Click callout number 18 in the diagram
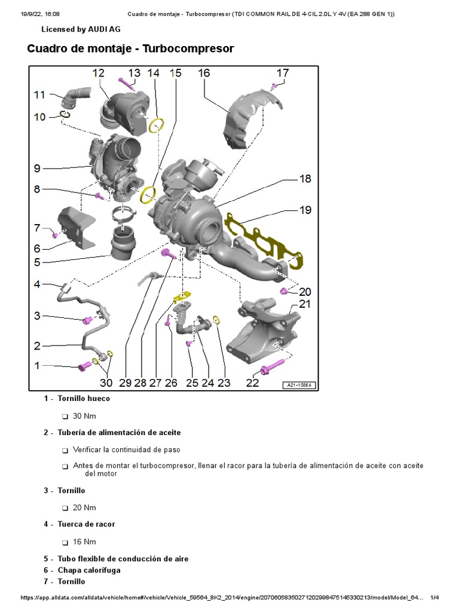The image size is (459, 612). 305,179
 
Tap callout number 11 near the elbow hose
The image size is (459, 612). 39,94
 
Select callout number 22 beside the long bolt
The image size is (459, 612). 252,382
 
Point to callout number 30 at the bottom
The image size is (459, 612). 106,382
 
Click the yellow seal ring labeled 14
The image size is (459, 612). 157,126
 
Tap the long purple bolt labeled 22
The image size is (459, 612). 273,365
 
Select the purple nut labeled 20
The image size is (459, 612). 283,291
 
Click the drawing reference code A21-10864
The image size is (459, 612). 299,385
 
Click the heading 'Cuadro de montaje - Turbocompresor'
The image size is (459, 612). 130,48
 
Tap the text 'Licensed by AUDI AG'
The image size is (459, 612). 80,29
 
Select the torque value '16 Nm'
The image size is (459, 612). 84,542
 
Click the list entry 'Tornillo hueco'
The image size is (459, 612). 84,398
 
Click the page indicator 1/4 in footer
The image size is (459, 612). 434,598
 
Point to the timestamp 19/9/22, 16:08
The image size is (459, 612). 36,13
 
